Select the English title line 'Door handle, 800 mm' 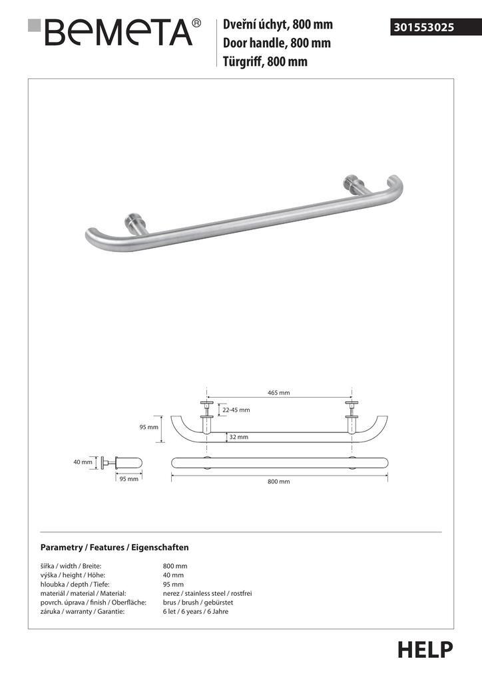coord(277,44)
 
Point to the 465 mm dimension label coord(278,393)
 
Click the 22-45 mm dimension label coord(236,410)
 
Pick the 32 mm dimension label coord(238,437)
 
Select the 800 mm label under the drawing coord(279,481)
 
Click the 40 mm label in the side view coord(83,462)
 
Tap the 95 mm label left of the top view coord(148,428)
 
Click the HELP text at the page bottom coord(425,650)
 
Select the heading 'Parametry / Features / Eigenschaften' coord(115,547)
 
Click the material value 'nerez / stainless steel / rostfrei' coord(207,593)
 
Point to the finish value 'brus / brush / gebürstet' coord(197,603)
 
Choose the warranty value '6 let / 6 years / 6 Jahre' coord(195,612)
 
